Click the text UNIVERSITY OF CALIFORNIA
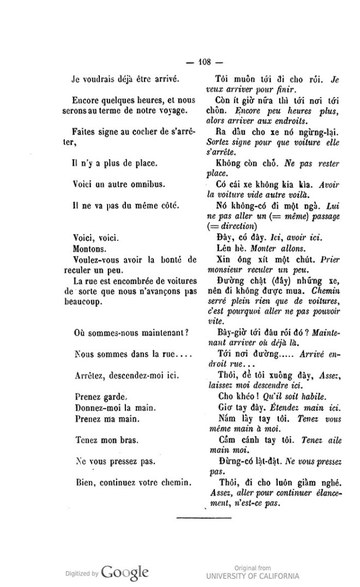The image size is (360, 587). coord(253,576)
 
